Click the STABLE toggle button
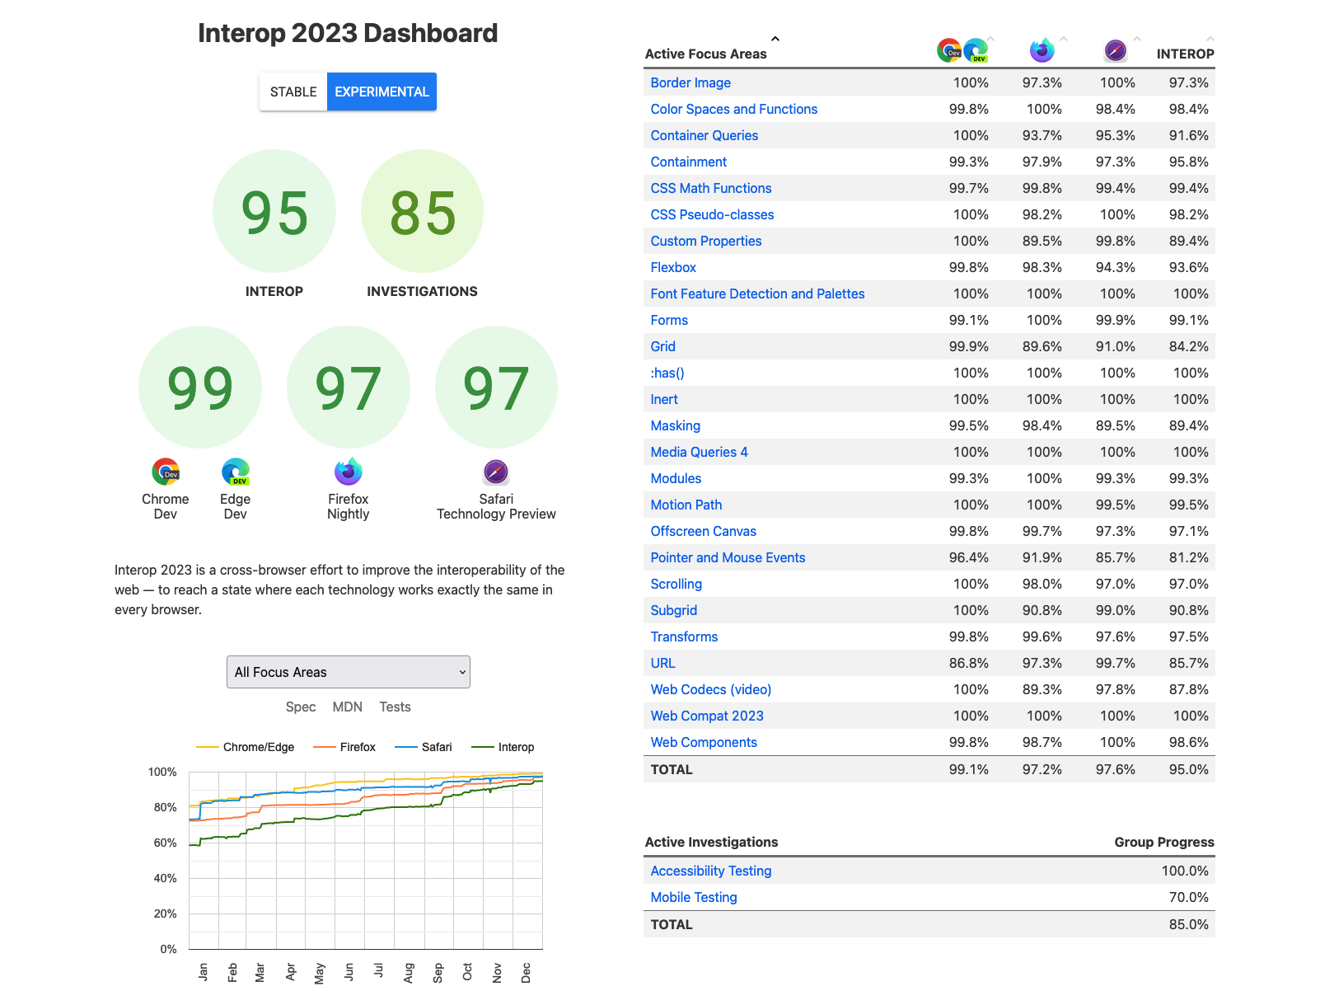293,92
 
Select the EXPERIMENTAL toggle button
381,92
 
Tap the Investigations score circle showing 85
422,211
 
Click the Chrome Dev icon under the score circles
166,472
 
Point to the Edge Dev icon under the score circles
236,472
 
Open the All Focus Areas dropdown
348,672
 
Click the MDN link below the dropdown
347,707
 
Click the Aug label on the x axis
409,972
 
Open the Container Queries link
704,135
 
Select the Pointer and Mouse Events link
728,557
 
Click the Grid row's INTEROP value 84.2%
1188,346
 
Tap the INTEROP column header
1185,54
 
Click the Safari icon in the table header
1115,50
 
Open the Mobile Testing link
693,897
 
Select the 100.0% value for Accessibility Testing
1184,871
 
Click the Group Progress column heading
1163,842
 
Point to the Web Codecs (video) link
710,689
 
